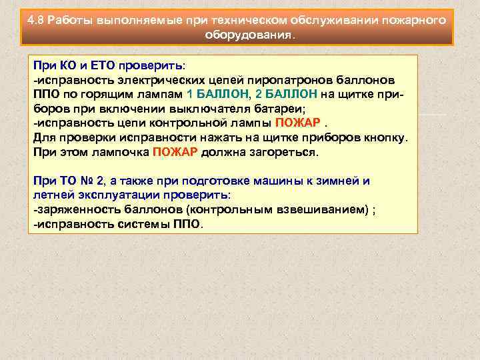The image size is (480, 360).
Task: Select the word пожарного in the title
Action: [411, 20]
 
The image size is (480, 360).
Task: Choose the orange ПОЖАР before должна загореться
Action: [174, 151]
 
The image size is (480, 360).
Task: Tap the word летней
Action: [53, 195]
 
